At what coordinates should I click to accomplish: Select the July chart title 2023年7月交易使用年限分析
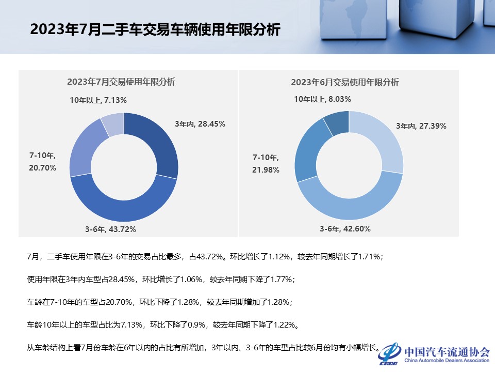pyautogui.click(x=121, y=82)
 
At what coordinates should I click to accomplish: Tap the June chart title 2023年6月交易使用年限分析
pyautogui.click(x=344, y=82)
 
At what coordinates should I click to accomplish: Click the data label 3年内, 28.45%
pyautogui.click(x=200, y=124)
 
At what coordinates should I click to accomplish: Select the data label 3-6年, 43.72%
pyautogui.click(x=110, y=229)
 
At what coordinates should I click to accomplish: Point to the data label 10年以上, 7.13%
pyautogui.click(x=98, y=100)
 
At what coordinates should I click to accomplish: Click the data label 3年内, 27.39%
pyautogui.click(x=421, y=126)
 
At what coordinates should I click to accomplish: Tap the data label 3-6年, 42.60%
pyautogui.click(x=345, y=229)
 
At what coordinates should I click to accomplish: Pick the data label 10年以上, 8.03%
pyautogui.click(x=323, y=99)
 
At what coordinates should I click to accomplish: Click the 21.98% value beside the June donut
pyautogui.click(x=266, y=170)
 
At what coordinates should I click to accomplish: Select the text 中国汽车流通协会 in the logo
pyautogui.click(x=447, y=352)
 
